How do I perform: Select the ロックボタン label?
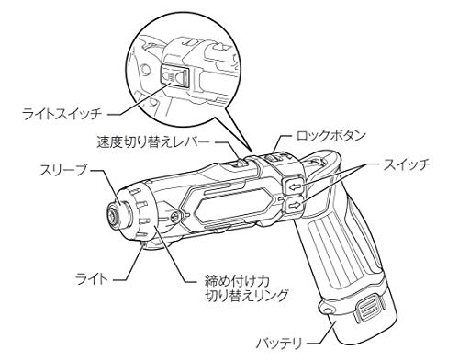click(331, 135)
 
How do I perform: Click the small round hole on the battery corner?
click(329, 313)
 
